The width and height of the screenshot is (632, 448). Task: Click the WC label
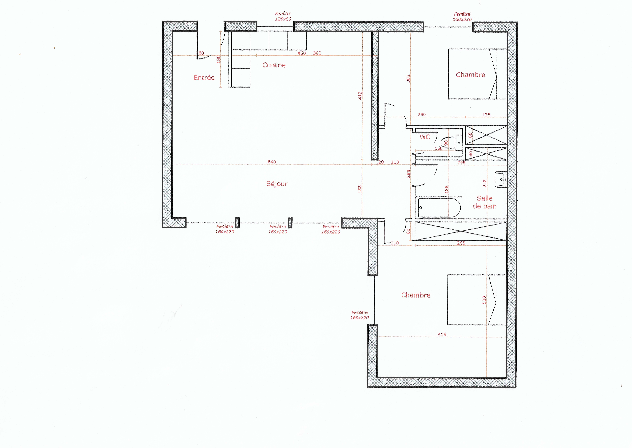pyautogui.click(x=425, y=137)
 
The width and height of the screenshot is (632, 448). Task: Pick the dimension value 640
pyautogui.click(x=272, y=162)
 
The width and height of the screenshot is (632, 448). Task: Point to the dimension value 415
pyautogui.click(x=442, y=334)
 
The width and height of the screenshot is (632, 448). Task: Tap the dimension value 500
pyautogui.click(x=484, y=300)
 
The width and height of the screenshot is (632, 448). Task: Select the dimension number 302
pyautogui.click(x=408, y=79)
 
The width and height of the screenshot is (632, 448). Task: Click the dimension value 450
pyautogui.click(x=301, y=53)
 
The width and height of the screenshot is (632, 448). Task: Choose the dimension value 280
pyautogui.click(x=422, y=114)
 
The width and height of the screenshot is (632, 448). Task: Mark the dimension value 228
pyautogui.click(x=485, y=183)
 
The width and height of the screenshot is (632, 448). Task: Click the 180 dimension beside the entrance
pyautogui.click(x=219, y=59)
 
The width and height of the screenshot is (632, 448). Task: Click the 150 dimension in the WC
pyautogui.click(x=439, y=148)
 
